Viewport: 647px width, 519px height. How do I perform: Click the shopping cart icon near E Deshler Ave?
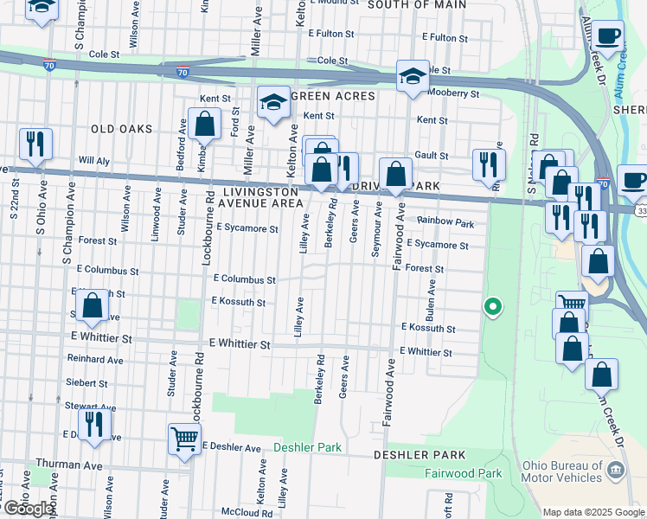[x=184, y=439]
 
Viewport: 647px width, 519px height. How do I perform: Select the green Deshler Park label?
[x=307, y=447]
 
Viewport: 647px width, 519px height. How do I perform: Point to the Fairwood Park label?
[x=463, y=473]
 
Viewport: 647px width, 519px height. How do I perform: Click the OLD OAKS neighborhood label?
[x=121, y=129]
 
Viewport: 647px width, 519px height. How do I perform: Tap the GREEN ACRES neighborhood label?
[x=333, y=96]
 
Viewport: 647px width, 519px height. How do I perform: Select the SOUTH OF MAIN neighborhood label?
[x=416, y=4]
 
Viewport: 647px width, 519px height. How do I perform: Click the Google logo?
[x=29, y=508]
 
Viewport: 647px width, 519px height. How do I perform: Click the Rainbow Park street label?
[x=445, y=223]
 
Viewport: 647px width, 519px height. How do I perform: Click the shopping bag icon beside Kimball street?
[x=206, y=126]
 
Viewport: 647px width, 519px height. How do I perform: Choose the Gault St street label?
[x=431, y=155]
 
